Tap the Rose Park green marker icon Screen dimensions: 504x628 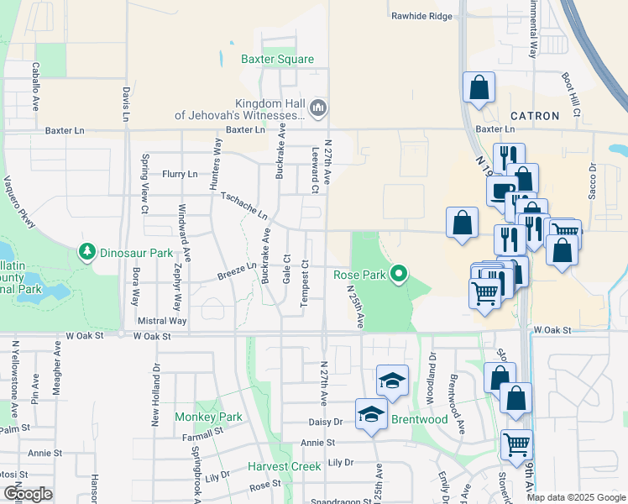click(x=400, y=274)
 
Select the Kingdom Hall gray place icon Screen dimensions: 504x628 click(x=317, y=108)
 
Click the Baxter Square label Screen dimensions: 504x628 click(x=277, y=60)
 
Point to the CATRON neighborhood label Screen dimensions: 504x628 click(x=535, y=116)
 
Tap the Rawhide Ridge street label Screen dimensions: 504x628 click(x=421, y=16)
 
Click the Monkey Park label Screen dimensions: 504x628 click(x=208, y=417)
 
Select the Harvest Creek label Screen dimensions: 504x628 click(x=279, y=466)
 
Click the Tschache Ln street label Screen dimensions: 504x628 click(x=243, y=204)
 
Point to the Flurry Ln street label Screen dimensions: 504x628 click(x=181, y=174)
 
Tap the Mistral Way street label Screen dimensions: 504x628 click(x=161, y=320)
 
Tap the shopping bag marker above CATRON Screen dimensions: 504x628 click(x=479, y=87)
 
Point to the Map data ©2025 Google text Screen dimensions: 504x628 click(x=576, y=497)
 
